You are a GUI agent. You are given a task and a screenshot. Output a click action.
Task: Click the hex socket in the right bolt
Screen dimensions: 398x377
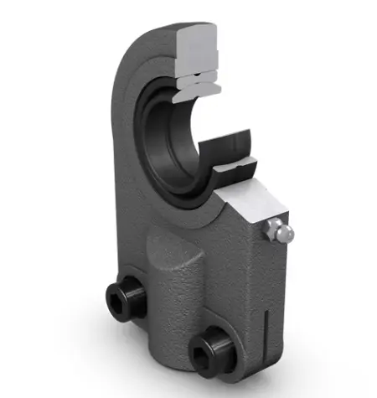pos(204,348)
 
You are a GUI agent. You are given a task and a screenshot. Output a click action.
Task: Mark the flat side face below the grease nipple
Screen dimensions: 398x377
pos(268,285)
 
